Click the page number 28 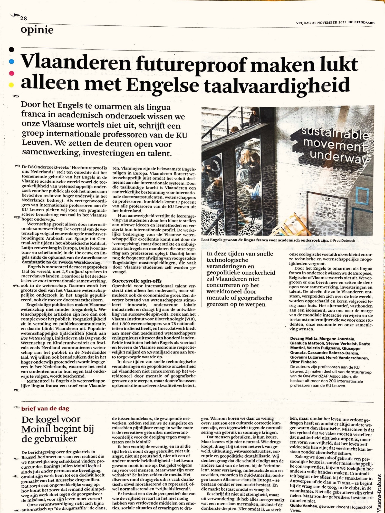pos(24,18)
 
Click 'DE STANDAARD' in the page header pos(361,23)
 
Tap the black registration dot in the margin pos(11,50)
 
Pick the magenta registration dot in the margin pos(11,73)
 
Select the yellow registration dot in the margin pos(11,85)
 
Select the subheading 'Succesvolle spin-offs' pos(137,281)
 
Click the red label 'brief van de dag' pos(45,408)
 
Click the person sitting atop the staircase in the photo pos(254,116)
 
